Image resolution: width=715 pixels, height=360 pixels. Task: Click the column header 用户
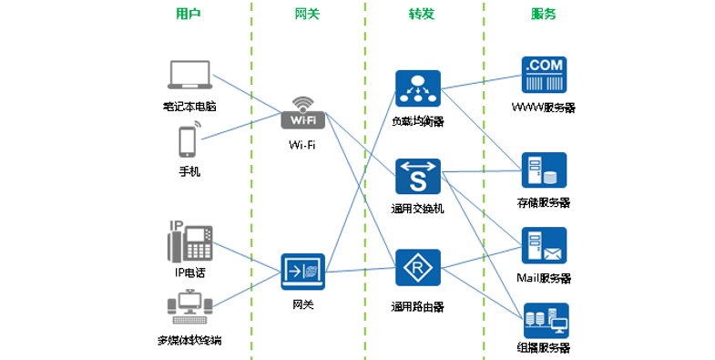[x=189, y=14]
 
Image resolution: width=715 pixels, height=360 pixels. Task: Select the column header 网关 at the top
[x=307, y=14]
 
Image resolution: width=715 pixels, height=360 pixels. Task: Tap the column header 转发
[x=422, y=14]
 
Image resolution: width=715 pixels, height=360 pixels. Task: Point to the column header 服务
[x=544, y=14]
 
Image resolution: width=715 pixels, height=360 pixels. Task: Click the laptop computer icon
[x=189, y=77]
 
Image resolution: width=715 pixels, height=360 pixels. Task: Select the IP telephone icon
[x=189, y=242]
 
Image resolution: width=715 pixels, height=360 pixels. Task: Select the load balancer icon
[x=418, y=88]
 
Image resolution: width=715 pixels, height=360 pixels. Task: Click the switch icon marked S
[x=418, y=177]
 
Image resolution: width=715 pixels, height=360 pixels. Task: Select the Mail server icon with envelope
[x=544, y=245]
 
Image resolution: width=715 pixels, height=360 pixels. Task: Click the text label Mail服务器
[x=544, y=277]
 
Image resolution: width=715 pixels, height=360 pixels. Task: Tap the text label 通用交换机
[x=417, y=209]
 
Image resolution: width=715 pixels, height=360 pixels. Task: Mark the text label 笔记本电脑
[x=189, y=106]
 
